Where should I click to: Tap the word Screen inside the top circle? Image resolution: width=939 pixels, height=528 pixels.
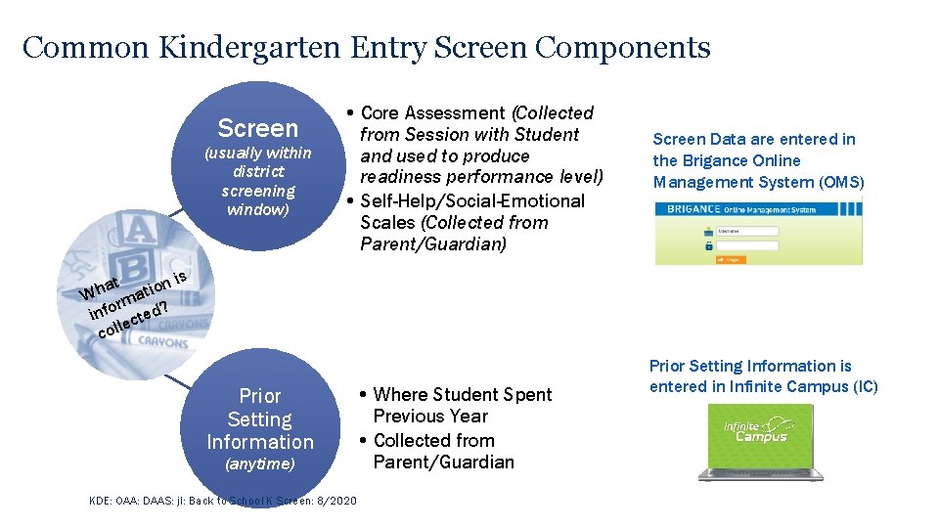257,128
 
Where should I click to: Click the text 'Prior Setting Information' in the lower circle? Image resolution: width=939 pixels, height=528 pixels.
259,418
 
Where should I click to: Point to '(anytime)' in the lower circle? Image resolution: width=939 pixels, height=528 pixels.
259,464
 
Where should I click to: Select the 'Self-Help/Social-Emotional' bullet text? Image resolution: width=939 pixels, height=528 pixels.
472,200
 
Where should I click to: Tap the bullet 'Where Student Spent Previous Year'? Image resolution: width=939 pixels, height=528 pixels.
462,405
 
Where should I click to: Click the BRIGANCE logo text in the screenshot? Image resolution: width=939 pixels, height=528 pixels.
693,209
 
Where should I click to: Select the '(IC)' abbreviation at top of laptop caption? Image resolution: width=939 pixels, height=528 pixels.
864,386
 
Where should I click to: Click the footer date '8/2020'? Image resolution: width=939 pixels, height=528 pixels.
335,501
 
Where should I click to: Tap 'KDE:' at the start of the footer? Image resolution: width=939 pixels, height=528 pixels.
101,501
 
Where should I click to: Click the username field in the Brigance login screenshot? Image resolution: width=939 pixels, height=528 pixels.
748,232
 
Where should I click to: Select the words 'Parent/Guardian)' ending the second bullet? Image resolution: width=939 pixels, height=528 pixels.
433,243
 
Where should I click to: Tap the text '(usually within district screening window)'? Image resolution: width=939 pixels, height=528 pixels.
257,181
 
